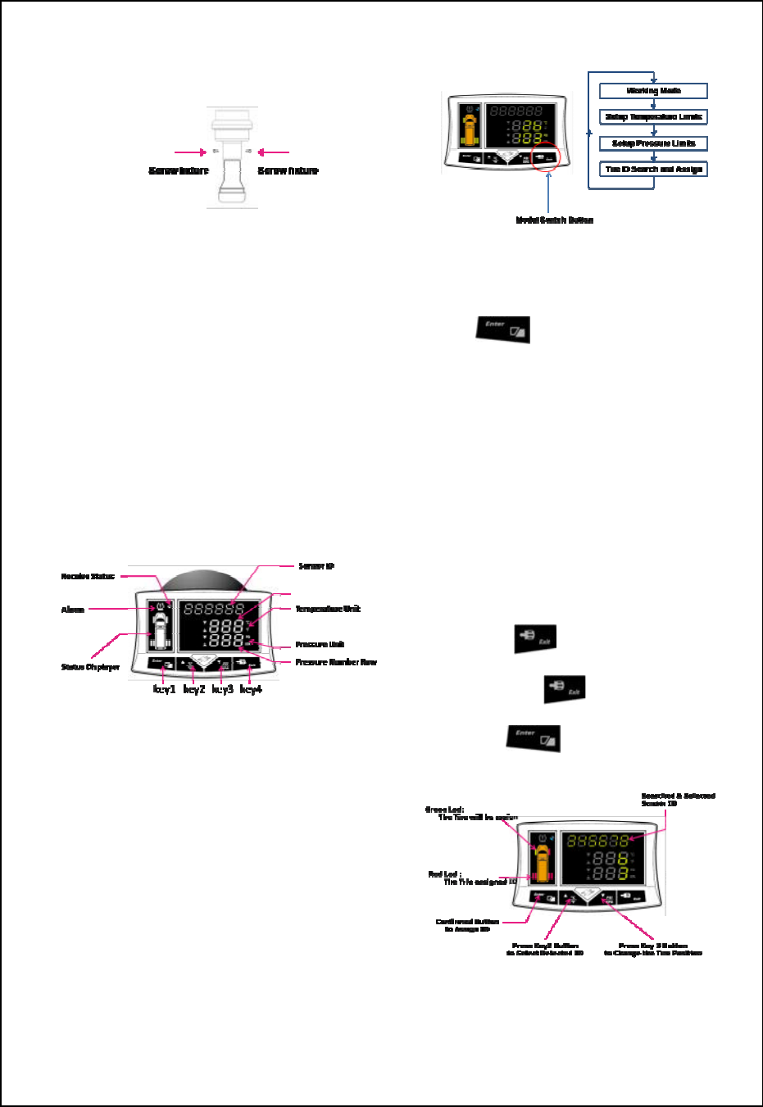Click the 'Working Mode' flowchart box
tap(653, 91)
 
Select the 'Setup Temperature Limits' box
tap(653, 117)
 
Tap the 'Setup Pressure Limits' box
tap(653, 143)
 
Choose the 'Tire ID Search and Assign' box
tap(653, 170)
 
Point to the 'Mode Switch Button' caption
tap(554, 220)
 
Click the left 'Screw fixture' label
tap(179, 170)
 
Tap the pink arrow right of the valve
tap(274, 152)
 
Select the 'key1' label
tap(164, 690)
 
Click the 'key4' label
tap(251, 690)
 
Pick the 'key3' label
tap(222, 690)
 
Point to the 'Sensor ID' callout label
tap(316, 566)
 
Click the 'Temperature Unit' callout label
tap(328, 609)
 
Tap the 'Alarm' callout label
tap(73, 610)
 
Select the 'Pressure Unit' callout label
tap(320, 645)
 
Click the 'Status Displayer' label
tap(90, 668)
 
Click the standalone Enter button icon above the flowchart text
tap(504, 329)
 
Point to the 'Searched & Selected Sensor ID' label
tap(678, 800)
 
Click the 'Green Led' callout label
tap(445, 810)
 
